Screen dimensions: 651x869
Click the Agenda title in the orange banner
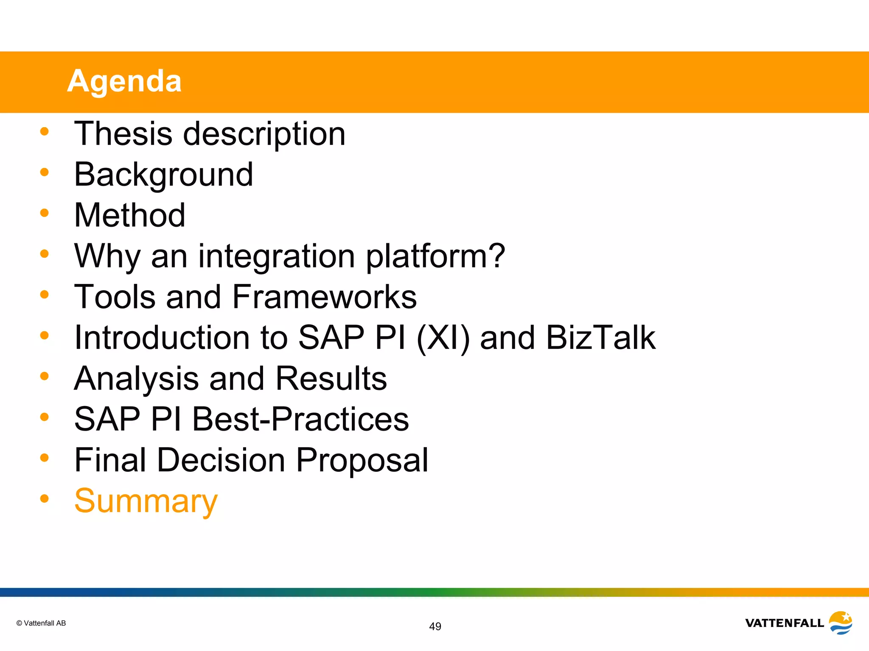coord(124,81)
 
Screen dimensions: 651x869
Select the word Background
coord(163,175)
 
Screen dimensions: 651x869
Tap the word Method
coord(129,215)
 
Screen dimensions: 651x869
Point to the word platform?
coord(435,257)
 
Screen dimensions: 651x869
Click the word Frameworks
coord(325,297)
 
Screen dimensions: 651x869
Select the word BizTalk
coord(600,338)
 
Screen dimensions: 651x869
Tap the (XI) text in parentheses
coord(443,338)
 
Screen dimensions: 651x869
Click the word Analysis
coord(137,378)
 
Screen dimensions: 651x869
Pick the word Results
coord(331,378)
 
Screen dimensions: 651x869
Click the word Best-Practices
coord(300,419)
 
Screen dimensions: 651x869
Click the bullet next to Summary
coord(45,498)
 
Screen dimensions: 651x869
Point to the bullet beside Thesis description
coord(45,131)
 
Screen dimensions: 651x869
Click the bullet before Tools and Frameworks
coord(45,294)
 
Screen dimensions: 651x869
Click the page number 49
coord(435,626)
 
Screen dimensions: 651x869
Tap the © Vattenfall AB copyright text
coord(41,623)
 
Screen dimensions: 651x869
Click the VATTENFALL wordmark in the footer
coord(784,623)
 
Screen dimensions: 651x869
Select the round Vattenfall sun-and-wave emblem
coord(841,623)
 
